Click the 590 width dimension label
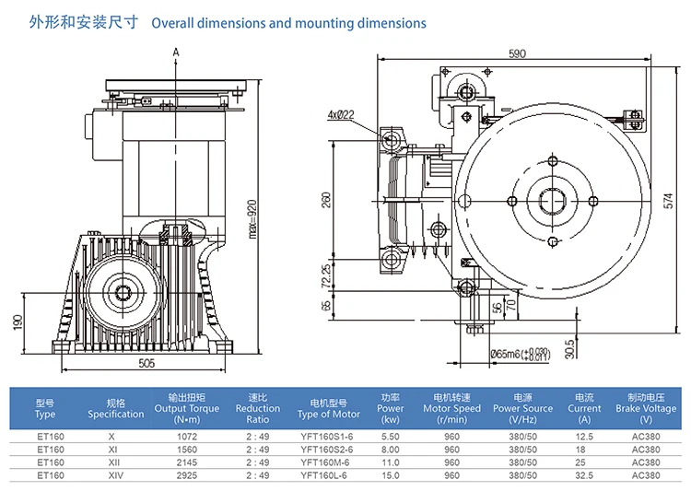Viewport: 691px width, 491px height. coord(517,54)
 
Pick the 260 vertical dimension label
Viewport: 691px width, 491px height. coord(326,200)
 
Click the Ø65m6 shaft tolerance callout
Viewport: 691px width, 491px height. coord(521,352)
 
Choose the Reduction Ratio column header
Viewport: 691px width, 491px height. coord(258,408)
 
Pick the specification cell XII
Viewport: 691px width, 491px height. coord(111,462)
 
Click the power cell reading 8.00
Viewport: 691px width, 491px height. coord(391,449)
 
